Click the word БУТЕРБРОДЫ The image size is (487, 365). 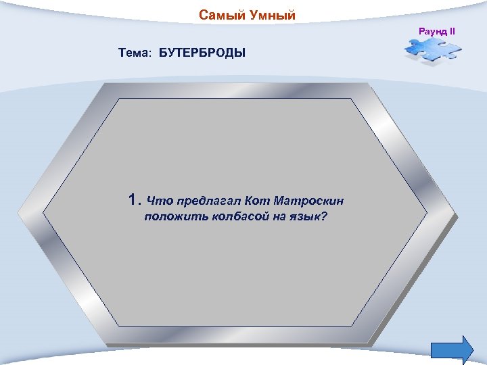[x=202, y=53]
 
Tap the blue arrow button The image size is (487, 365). [x=451, y=349]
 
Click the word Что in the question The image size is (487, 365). [x=160, y=201]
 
